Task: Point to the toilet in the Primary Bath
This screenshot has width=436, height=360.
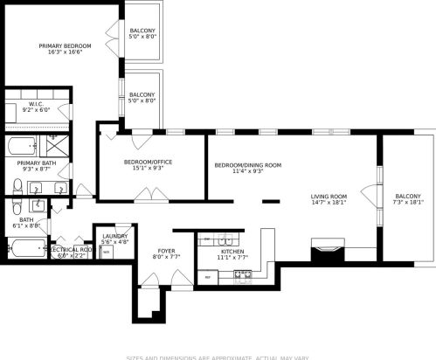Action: pyautogui.click(x=17, y=185)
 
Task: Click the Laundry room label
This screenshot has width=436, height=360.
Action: pyautogui.click(x=114, y=236)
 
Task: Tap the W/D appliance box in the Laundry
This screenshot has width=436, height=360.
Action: pyautogui.click(x=107, y=252)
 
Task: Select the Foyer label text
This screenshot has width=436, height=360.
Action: pyautogui.click(x=166, y=251)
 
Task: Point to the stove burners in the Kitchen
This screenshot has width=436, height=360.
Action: pyautogui.click(x=242, y=275)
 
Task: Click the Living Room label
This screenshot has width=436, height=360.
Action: pyautogui.click(x=329, y=196)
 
